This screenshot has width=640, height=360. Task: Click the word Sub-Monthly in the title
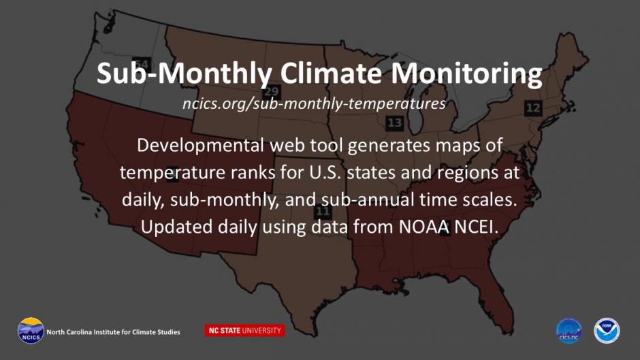click(184, 73)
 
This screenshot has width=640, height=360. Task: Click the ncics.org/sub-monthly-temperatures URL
click(314, 103)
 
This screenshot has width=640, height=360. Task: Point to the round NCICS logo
click(31, 331)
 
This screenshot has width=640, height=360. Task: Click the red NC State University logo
click(244, 331)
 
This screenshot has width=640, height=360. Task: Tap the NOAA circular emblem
click(607, 331)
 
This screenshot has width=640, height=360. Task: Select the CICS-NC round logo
click(569, 331)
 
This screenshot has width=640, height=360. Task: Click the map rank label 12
click(533, 108)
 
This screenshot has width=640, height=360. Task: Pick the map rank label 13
click(395, 123)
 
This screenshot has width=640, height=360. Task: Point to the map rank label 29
click(271, 91)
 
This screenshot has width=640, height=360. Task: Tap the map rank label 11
click(323, 212)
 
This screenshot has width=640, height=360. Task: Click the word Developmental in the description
click(200, 146)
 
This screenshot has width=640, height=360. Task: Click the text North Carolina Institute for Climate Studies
click(113, 332)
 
